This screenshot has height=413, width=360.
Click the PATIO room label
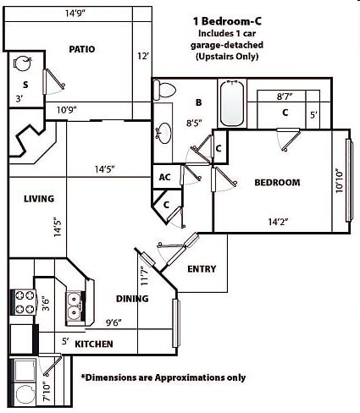pyautogui.click(x=82, y=49)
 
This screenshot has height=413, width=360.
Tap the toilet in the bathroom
pyautogui.click(x=164, y=90)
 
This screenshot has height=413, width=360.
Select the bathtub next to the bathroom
pyautogui.click(x=232, y=103)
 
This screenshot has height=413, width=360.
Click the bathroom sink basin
pyautogui.click(x=163, y=133)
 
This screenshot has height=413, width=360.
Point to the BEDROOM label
pyautogui.click(x=277, y=183)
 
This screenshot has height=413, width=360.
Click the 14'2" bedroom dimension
pyautogui.click(x=278, y=222)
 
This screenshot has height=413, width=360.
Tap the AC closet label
pyautogui.click(x=164, y=177)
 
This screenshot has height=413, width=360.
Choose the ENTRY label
pyautogui.click(x=202, y=269)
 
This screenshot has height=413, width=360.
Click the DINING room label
pyautogui.click(x=132, y=299)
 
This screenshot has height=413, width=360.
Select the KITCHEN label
pyautogui.click(x=94, y=344)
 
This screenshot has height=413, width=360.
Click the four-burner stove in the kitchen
pyautogui.click(x=24, y=302)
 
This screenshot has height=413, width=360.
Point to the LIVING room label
pyautogui.click(x=39, y=199)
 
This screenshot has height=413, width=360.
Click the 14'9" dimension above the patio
pyautogui.click(x=75, y=13)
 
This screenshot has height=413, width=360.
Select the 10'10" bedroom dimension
pyautogui.click(x=339, y=181)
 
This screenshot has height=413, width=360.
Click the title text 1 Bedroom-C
pyautogui.click(x=227, y=21)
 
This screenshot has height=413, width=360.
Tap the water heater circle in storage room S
pyautogui.click(x=22, y=63)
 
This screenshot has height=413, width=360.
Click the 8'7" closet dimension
pyautogui.click(x=285, y=96)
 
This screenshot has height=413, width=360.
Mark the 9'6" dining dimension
pyautogui.click(x=114, y=322)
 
